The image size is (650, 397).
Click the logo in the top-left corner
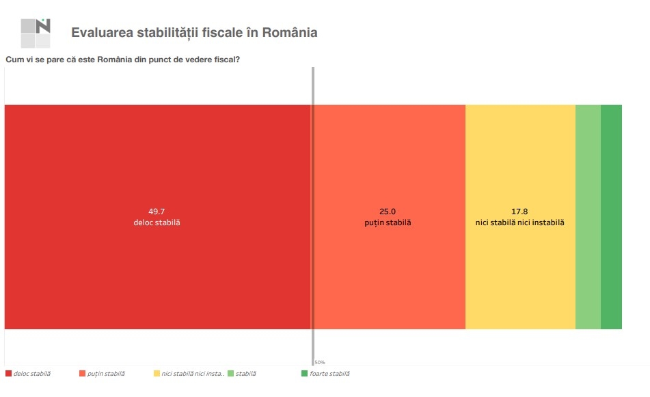[36, 32]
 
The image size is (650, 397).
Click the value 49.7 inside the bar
[157, 211]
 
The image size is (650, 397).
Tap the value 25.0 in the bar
[388, 211]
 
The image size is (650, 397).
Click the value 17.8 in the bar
[520, 211]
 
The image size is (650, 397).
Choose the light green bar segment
[588, 216]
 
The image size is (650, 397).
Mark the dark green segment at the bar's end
[612, 216]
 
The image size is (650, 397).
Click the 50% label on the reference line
[320, 362]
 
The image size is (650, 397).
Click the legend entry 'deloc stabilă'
[31, 374]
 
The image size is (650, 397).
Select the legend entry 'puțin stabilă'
[106, 374]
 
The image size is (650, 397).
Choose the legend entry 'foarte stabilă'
[329, 374]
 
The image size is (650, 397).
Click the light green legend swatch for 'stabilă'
[230, 374]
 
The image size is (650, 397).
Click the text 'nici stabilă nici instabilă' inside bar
[520, 223]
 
